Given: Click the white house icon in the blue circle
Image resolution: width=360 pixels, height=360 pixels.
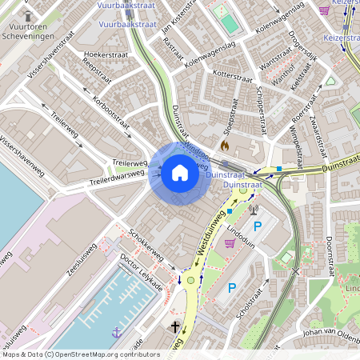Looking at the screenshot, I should tap(180, 172).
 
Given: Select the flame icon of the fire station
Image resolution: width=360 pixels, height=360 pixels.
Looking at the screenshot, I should tap(225, 146).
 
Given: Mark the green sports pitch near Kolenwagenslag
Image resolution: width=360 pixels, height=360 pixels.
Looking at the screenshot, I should tap(230, 22).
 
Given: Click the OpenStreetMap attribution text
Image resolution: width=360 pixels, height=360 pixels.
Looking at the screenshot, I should tap(80, 354).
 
